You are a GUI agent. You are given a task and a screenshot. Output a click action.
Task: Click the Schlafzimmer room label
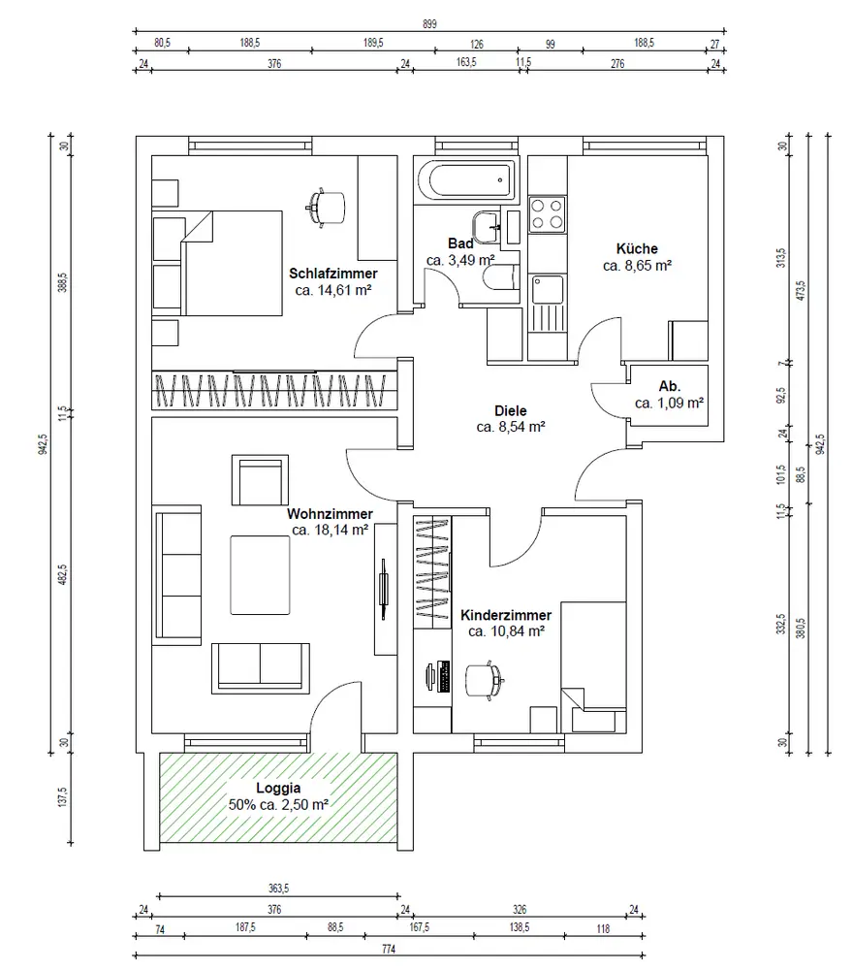click(333, 274)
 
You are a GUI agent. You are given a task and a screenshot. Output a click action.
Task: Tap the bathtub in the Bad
click(466, 180)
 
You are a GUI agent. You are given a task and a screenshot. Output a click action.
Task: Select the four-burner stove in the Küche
click(548, 214)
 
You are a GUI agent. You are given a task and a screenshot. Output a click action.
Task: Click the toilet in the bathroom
click(501, 277)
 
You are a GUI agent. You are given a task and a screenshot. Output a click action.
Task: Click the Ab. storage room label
click(670, 386)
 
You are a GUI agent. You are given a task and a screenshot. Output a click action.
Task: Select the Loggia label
click(278, 788)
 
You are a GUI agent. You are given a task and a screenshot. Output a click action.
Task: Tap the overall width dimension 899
click(429, 24)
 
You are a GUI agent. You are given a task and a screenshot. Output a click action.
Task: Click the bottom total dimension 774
click(389, 949)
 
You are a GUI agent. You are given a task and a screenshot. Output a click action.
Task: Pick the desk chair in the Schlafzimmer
click(327, 208)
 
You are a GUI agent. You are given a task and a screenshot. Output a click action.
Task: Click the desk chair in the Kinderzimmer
click(485, 681)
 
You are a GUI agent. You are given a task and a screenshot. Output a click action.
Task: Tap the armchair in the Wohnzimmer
click(260, 481)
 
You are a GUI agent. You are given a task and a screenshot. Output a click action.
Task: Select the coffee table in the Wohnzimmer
click(260, 575)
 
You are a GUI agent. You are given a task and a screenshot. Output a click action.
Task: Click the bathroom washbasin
click(488, 226)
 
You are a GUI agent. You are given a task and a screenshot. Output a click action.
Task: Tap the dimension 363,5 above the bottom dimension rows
click(278, 889)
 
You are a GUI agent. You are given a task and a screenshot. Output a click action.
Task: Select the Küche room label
click(637, 248)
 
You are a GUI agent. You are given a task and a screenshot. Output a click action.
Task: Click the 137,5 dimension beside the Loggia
click(62, 797)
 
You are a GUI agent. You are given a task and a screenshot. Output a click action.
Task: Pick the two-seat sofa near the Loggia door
click(261, 668)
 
